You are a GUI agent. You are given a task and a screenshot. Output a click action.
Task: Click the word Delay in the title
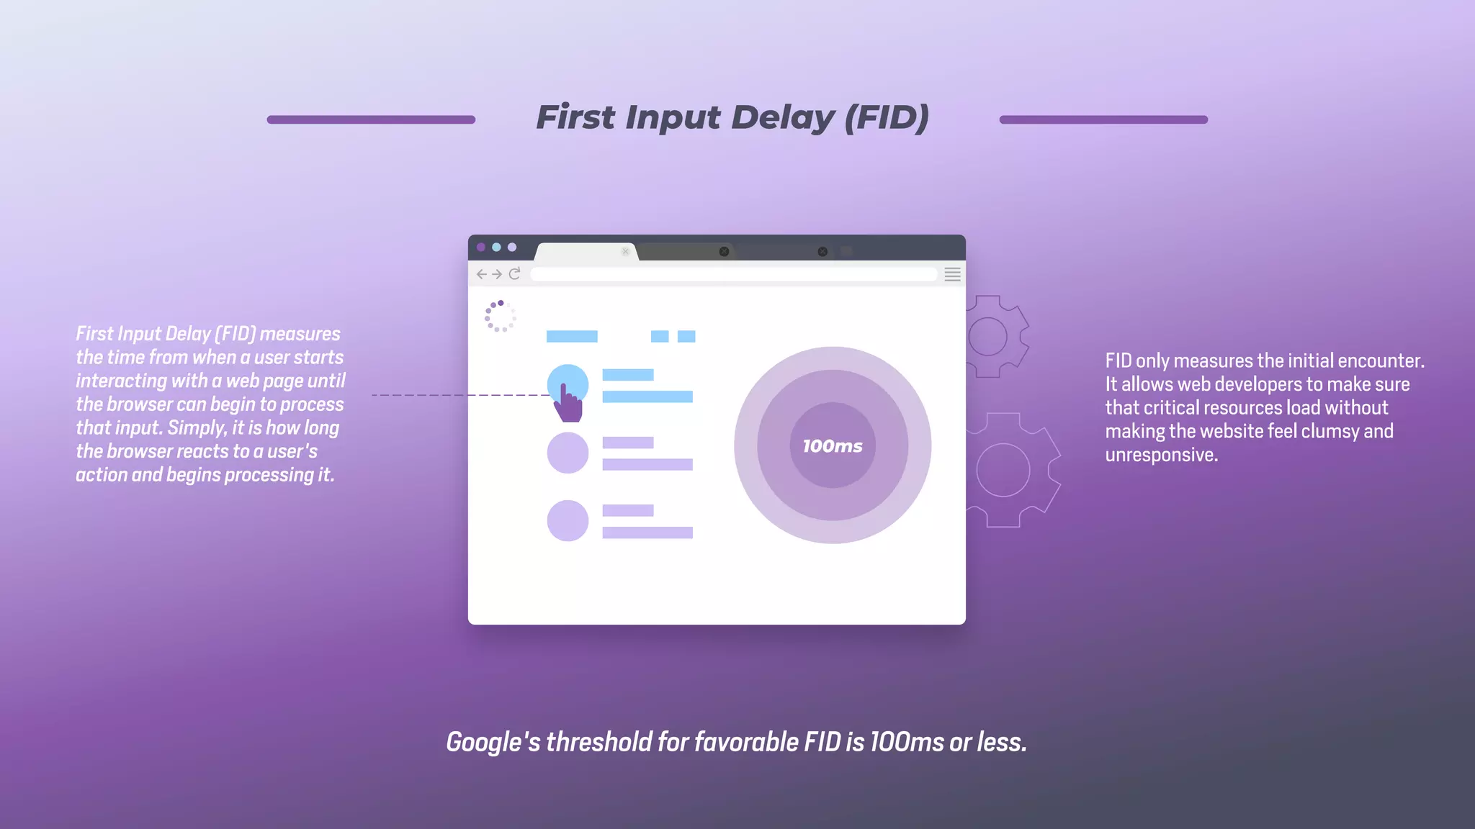click(x=782, y=117)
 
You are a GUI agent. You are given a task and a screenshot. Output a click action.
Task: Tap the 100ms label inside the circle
click(x=833, y=446)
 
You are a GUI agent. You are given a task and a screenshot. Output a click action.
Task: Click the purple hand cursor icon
click(x=568, y=404)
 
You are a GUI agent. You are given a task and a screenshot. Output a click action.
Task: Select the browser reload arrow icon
click(x=514, y=274)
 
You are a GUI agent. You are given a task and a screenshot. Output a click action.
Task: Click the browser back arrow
click(x=481, y=274)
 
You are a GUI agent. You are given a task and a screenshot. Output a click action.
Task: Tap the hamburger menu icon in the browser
click(x=952, y=274)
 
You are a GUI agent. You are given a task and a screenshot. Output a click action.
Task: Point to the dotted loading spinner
click(x=501, y=316)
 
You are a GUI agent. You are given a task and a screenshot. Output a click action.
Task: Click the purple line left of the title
click(x=371, y=119)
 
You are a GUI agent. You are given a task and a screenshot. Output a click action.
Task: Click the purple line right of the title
click(x=1103, y=119)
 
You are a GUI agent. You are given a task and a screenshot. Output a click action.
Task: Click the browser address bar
click(x=733, y=274)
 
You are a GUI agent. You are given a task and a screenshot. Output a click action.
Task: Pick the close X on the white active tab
click(x=625, y=251)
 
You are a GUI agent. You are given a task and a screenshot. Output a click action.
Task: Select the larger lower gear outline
click(x=1008, y=470)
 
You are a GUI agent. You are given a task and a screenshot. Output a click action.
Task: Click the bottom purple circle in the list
click(x=568, y=520)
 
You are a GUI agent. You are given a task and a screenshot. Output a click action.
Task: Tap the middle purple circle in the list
click(x=568, y=453)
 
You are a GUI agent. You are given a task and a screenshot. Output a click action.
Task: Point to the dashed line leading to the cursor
click(x=461, y=395)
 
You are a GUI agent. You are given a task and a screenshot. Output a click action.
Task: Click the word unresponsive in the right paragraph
click(x=1161, y=455)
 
